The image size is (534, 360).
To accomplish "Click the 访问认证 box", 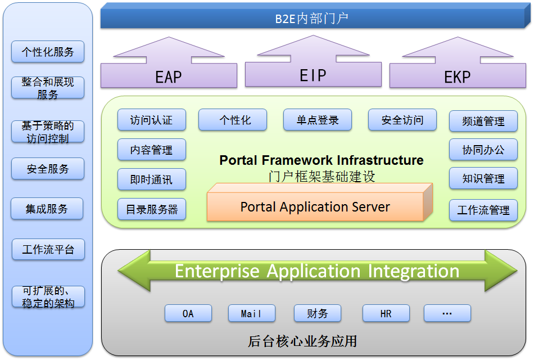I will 151,120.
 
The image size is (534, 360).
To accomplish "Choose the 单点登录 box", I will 318,120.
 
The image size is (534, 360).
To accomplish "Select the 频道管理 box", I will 483,121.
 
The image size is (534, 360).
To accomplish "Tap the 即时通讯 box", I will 151,180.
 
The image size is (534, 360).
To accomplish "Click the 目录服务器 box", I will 151,209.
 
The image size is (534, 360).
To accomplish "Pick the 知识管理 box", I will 483,179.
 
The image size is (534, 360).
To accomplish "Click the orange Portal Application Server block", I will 315,207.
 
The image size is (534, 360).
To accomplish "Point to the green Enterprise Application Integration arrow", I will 317,271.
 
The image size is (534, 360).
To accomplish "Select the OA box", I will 188,313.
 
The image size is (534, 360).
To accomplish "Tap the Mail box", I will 251,313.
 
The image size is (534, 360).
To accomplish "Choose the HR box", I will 386,313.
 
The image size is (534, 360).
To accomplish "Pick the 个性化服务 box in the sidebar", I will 48,52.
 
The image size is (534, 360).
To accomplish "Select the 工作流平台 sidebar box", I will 48,249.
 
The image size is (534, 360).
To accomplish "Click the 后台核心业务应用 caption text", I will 302,341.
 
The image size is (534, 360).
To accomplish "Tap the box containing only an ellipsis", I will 447,313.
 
